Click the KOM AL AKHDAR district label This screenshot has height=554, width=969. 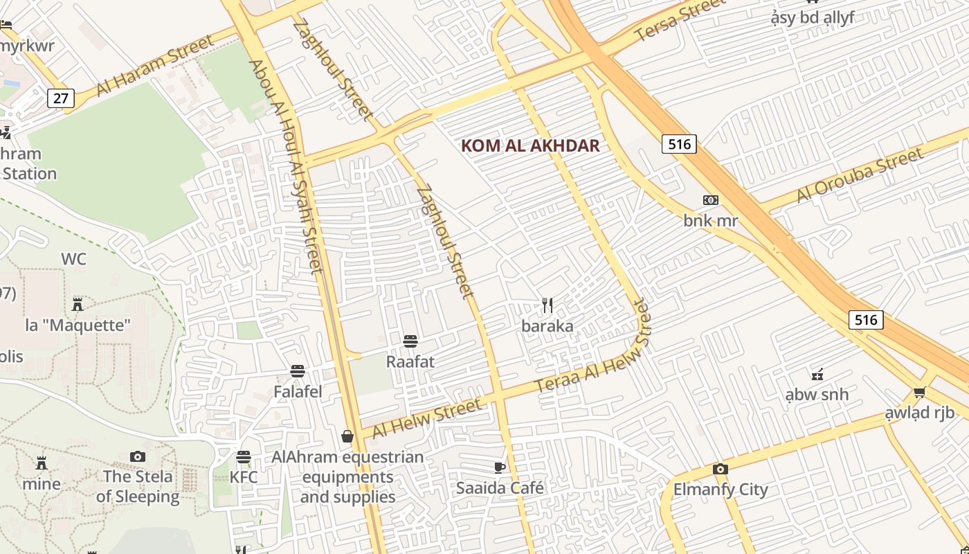click(x=530, y=146)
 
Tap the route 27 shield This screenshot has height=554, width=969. click(x=61, y=98)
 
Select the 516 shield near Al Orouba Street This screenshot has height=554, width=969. click(x=679, y=144)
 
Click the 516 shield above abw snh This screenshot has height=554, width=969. click(x=866, y=319)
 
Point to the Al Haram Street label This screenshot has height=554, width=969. click(x=155, y=66)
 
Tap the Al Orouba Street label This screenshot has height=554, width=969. click(x=860, y=175)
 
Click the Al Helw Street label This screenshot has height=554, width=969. click(x=426, y=418)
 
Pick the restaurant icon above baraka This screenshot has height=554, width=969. click(x=547, y=305)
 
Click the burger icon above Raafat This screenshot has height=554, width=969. click(x=410, y=341)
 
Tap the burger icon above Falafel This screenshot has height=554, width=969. click(x=298, y=371)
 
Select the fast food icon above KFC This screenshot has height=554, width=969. click(x=244, y=457)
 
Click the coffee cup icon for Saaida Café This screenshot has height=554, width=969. click(x=500, y=467)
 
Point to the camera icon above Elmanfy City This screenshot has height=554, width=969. click(x=720, y=469)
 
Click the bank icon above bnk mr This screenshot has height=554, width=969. click(x=710, y=200)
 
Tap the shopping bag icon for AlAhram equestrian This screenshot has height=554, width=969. click(x=347, y=436)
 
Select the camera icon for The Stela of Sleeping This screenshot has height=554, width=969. click(x=138, y=456)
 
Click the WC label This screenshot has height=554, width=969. click(x=73, y=260)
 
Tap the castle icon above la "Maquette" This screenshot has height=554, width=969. click(x=78, y=304)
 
